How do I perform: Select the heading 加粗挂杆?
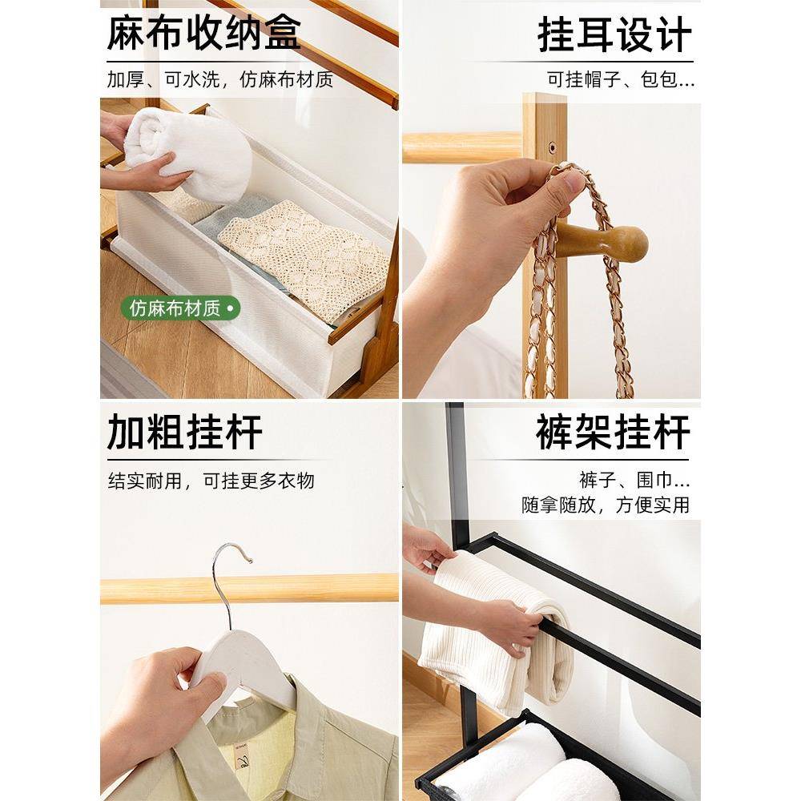pos(185,433)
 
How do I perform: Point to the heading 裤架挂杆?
pos(613,433)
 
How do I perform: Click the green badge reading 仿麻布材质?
pos(180,308)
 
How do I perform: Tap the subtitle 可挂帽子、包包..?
pos(621,80)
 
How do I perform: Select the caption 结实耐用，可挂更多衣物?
pos(211,481)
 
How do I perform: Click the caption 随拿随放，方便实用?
pos(606,505)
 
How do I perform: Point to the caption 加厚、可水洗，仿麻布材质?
pos(220,80)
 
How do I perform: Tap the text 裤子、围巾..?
pos(634,481)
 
